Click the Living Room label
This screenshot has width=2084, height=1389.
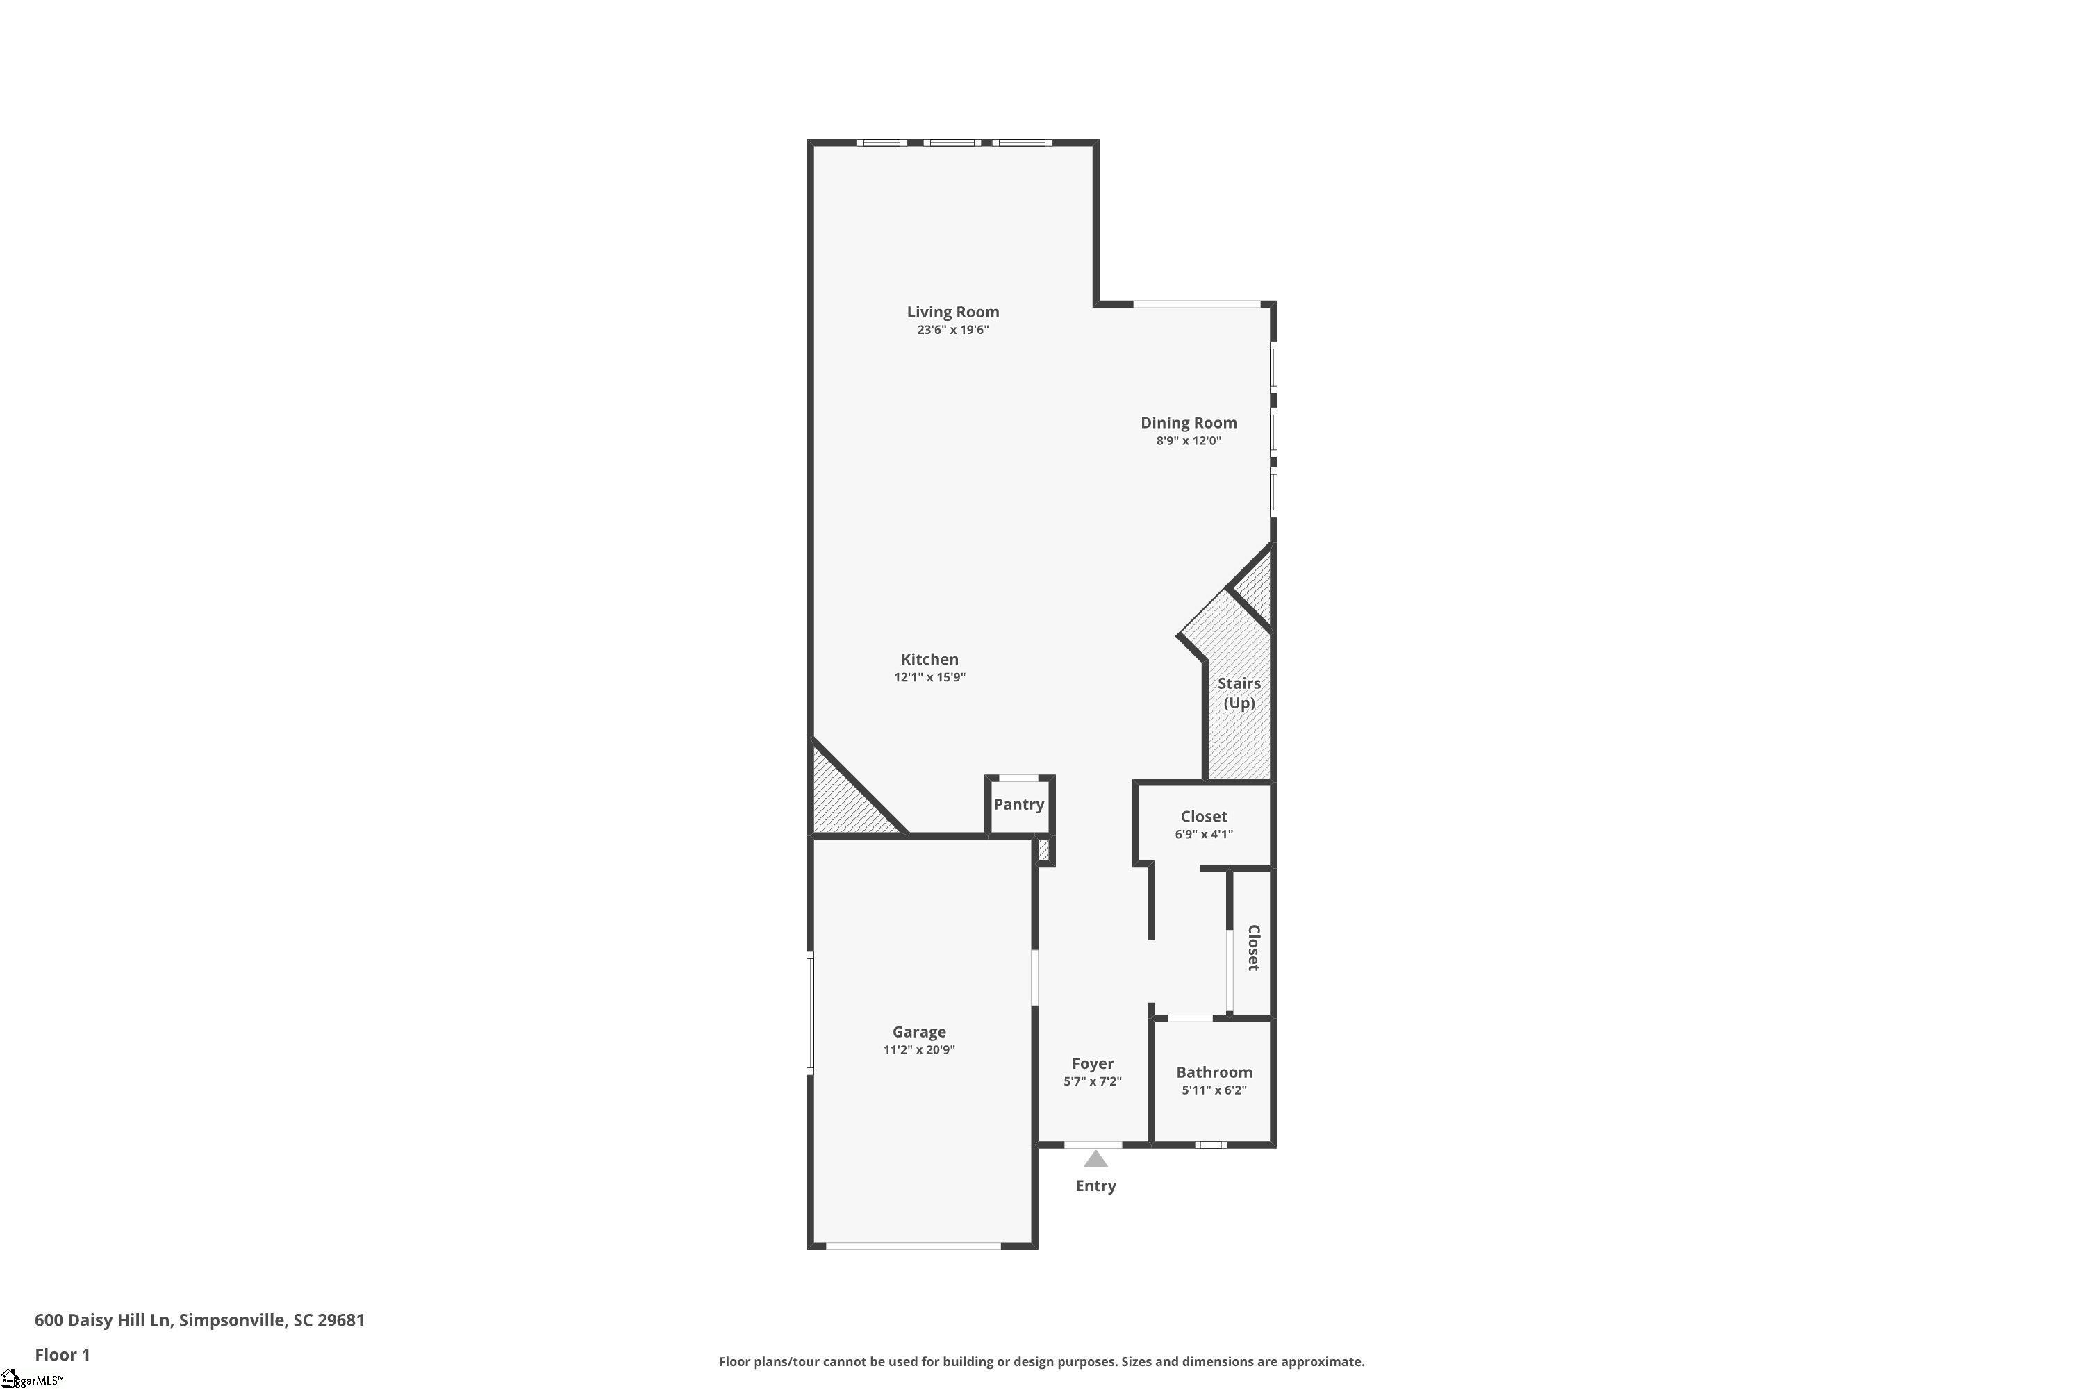tap(952, 312)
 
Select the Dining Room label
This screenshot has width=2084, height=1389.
tap(1188, 422)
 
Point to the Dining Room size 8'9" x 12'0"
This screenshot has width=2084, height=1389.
tap(1188, 441)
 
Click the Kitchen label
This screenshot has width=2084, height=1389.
tap(929, 659)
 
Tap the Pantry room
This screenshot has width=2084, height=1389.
tap(1018, 804)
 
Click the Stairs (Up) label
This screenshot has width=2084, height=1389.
tap(1239, 692)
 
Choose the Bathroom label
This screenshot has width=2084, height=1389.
tap(1214, 1072)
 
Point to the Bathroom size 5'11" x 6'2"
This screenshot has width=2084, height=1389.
tap(1214, 1090)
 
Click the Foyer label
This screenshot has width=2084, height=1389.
tap(1093, 1063)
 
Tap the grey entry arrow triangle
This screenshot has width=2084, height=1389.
tap(1096, 1160)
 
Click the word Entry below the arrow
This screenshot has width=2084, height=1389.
tap(1096, 1186)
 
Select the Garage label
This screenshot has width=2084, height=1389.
tap(919, 1032)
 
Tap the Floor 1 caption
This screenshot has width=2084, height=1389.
tap(62, 1354)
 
